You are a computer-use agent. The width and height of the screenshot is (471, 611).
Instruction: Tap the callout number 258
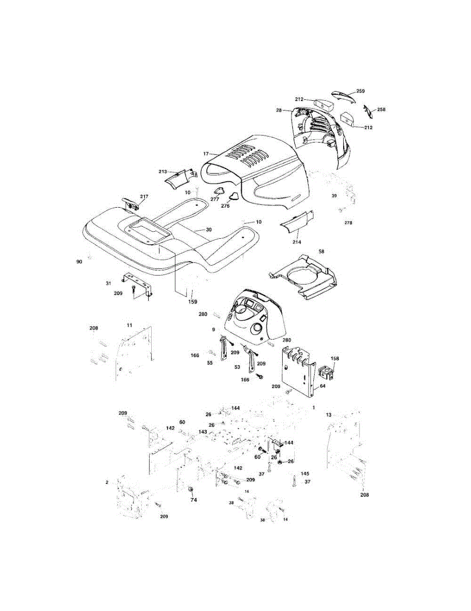pyautogui.click(x=381, y=109)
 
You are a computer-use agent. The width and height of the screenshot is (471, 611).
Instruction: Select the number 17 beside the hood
pyautogui.click(x=206, y=153)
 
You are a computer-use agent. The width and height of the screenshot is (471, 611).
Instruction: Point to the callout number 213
pyautogui.click(x=163, y=172)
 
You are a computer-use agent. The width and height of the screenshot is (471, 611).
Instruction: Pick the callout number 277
pyautogui.click(x=215, y=199)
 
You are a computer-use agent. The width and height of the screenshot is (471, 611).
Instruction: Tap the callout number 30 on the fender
pyautogui.click(x=209, y=230)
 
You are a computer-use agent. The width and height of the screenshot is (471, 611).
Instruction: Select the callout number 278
pyautogui.click(x=348, y=223)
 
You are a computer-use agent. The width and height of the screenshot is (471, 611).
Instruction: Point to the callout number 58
pyautogui.click(x=321, y=252)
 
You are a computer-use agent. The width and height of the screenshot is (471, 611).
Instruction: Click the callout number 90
pyautogui.click(x=78, y=261)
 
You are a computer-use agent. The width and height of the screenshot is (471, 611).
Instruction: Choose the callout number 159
pyautogui.click(x=192, y=301)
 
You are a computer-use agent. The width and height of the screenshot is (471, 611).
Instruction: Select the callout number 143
pyautogui.click(x=203, y=432)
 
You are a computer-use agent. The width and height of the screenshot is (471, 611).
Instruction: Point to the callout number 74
pyautogui.click(x=193, y=501)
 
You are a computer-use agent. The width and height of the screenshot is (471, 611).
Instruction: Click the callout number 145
pyautogui.click(x=304, y=474)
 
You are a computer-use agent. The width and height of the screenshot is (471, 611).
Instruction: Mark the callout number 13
pyautogui.click(x=329, y=415)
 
